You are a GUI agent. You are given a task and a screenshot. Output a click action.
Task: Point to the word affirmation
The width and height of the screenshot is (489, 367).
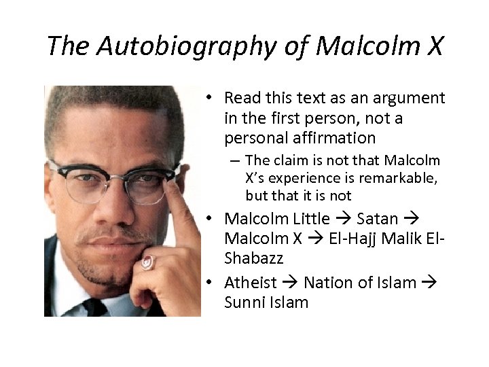(x=328, y=138)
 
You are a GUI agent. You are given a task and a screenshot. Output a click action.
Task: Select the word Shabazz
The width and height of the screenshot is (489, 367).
(x=253, y=258)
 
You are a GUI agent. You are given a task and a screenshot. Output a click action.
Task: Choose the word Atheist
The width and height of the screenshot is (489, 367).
(x=251, y=283)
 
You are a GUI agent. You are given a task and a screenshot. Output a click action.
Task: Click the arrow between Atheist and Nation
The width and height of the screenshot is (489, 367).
(x=290, y=283)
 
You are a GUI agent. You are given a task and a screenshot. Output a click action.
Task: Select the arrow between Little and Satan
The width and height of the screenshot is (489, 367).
(x=344, y=219)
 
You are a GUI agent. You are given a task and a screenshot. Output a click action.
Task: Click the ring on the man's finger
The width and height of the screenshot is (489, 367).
(x=148, y=262)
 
